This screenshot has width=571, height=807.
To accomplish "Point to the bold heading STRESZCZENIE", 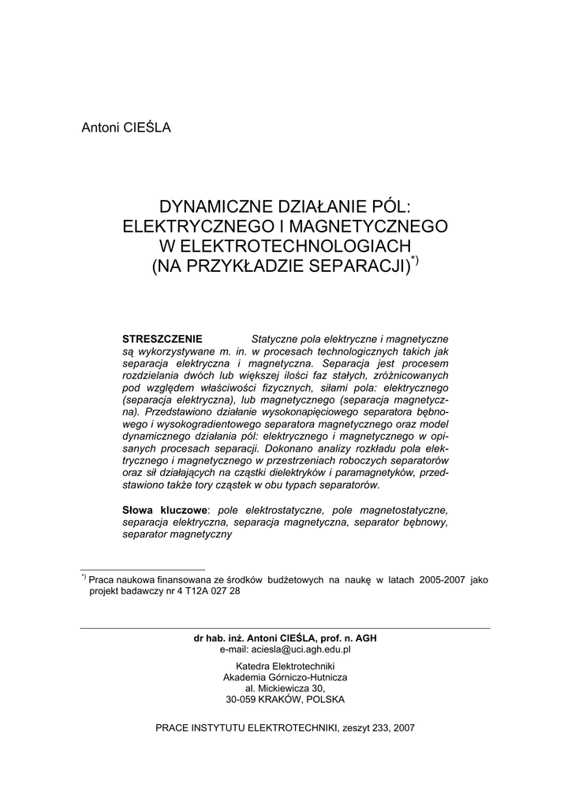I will [x=162, y=338].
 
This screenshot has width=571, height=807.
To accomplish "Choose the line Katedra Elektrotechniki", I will [x=285, y=666].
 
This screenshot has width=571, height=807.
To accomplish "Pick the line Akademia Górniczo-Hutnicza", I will [x=285, y=677].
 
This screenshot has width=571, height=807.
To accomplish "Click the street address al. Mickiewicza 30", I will [x=285, y=688].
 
